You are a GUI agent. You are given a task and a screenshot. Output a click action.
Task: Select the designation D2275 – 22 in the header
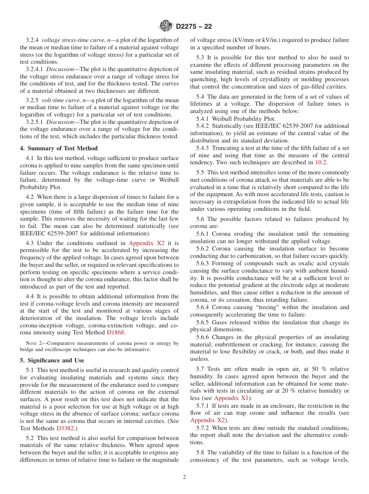[x=194, y=27]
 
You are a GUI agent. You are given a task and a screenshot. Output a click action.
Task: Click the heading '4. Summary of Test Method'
[x=59, y=148]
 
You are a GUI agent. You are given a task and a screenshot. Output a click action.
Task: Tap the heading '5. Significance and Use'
[x=52, y=360]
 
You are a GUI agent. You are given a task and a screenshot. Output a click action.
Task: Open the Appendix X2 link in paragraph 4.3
[x=146, y=243]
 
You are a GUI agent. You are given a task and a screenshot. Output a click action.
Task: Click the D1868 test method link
[x=116, y=332]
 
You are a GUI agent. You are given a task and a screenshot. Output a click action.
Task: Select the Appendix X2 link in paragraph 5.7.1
[x=207, y=420]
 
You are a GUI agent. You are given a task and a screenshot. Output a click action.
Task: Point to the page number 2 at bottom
[x=184, y=477]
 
